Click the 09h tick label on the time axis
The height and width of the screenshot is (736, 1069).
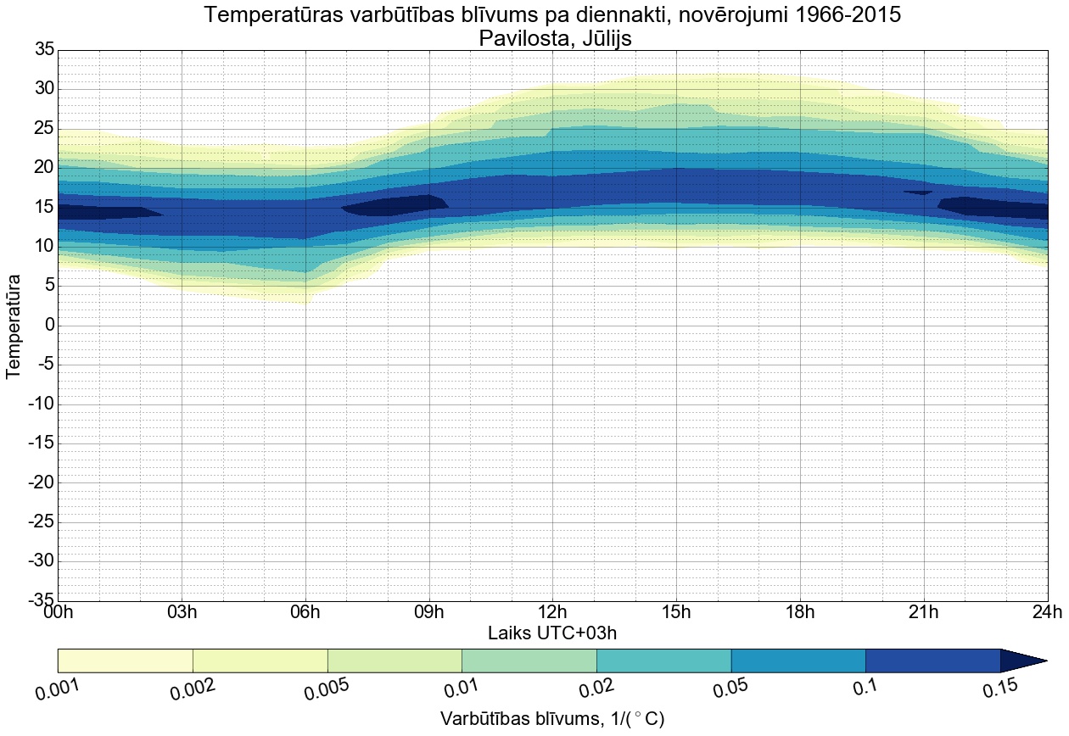point(429,612)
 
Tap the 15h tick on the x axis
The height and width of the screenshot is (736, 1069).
point(676,612)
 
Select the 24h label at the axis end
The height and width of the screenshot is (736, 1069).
point(1047,612)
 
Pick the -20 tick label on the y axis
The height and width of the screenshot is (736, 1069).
point(41,482)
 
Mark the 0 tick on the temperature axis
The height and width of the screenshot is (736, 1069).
point(49,326)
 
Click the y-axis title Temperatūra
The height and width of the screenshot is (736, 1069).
point(14,326)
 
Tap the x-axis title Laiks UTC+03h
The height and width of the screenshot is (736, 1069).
point(551,633)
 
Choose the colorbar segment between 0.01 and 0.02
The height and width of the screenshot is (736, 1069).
point(529,660)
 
